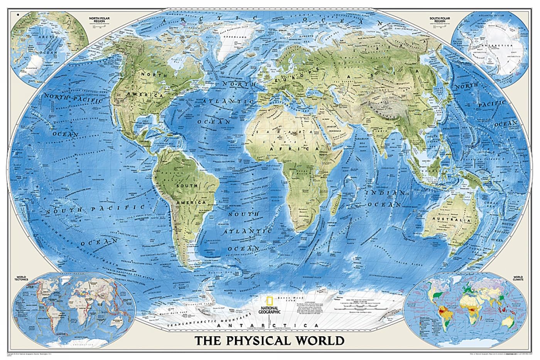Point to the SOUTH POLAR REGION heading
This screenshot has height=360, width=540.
(x=440, y=19)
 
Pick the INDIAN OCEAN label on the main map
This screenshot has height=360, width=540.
(x=387, y=198)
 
